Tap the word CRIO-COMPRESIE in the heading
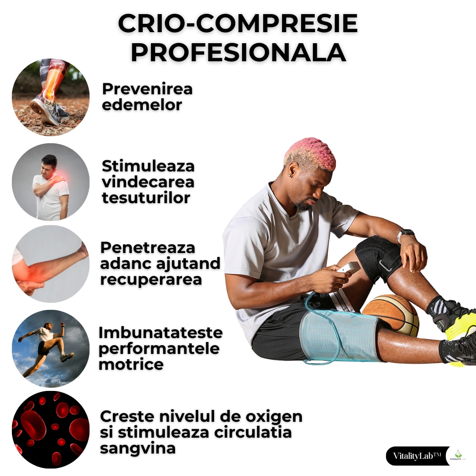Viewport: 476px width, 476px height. coord(238,24)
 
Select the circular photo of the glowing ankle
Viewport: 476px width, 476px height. coord(51,97)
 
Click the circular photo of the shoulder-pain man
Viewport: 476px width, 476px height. coord(51,182)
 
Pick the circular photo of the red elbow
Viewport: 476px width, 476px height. coord(51,264)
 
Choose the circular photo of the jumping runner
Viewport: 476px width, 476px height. coord(51,348)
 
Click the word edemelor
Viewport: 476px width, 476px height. coord(142,105)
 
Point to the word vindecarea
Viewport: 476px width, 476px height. coord(148,182)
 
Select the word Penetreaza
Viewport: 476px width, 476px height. coord(148,247)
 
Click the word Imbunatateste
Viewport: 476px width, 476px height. coord(160,332)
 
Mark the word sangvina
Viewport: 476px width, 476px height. coord(138,448)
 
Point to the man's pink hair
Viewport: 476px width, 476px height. coord(310,152)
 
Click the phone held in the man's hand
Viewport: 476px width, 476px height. coord(348,267)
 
